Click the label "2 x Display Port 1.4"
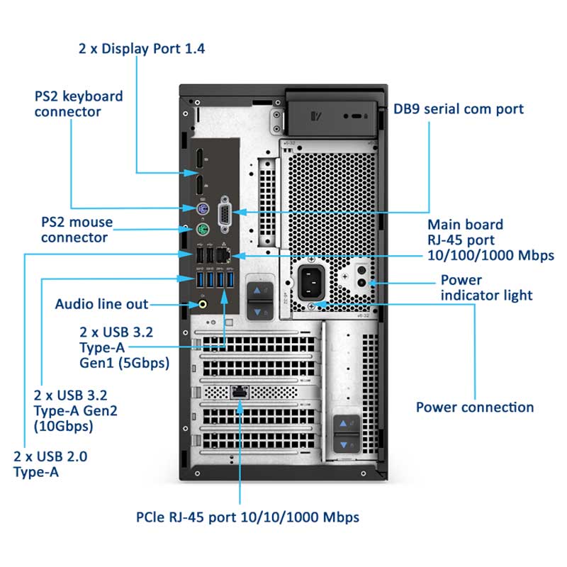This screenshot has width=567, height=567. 142,48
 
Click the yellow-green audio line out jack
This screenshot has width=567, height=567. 203,304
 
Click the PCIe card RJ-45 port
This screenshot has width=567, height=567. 240,391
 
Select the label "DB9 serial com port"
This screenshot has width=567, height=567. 459,108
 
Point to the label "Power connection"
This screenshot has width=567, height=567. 474,407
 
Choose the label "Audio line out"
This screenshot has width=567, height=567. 101,304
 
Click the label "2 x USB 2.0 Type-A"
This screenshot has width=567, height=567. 50,464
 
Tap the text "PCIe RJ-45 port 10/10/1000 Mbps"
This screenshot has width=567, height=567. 247,517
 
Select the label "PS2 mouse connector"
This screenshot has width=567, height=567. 77,230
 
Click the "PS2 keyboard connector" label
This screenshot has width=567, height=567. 78,103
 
